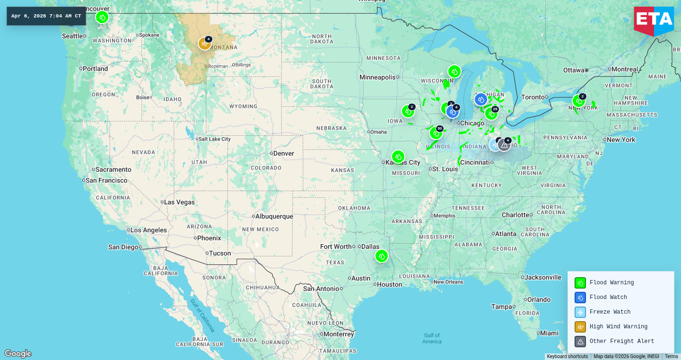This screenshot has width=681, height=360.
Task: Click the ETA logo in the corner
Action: click(x=654, y=20)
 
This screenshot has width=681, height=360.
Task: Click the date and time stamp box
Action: click(x=46, y=16)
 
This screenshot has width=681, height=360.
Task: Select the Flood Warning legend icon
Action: click(x=580, y=283)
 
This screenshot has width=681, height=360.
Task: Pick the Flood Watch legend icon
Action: click(x=580, y=298)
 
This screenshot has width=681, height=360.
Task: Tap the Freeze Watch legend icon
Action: click(x=580, y=312)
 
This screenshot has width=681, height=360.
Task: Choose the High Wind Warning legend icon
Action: click(x=580, y=327)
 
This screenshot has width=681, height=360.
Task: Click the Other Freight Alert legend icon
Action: click(x=580, y=342)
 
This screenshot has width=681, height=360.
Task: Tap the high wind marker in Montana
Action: click(x=204, y=44)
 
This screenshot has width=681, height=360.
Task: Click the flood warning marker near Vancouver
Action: click(x=102, y=18)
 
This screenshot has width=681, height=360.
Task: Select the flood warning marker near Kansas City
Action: click(x=398, y=157)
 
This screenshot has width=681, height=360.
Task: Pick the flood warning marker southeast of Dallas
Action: click(x=381, y=256)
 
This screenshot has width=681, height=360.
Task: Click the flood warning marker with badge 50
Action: click(x=435, y=133)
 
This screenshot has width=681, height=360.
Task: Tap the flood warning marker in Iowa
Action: click(x=408, y=111)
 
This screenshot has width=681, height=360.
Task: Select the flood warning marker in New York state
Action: click(x=578, y=101)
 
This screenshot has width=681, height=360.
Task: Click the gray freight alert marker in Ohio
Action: click(x=504, y=145)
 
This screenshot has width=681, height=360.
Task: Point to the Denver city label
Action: click(x=283, y=153)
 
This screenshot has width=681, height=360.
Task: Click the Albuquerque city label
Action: click(x=274, y=217)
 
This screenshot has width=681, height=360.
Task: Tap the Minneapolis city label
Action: click(x=377, y=77)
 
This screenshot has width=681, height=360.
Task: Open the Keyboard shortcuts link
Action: click(x=567, y=357)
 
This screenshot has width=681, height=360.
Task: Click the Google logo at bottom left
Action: click(x=18, y=353)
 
